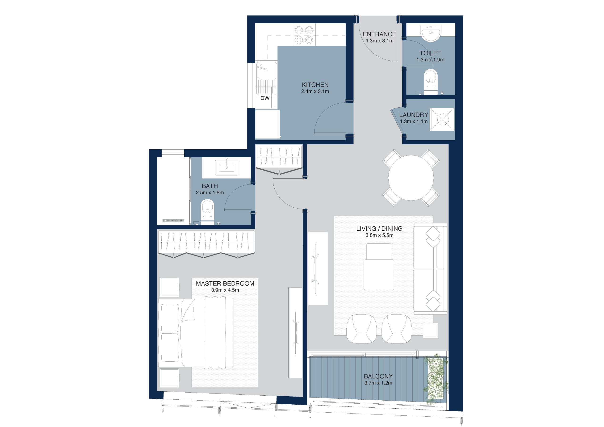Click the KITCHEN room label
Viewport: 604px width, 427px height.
pos(315,85)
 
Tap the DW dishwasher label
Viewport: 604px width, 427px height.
pos(265,98)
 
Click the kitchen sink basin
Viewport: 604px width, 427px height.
pos(266,70)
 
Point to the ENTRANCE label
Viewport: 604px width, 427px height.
pos(379,34)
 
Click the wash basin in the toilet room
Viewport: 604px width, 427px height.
pos(431,33)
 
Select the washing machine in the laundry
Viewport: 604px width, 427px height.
pos(442,119)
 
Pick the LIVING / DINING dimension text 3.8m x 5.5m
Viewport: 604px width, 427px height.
pos(379,235)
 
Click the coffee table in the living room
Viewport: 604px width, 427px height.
pos(379,267)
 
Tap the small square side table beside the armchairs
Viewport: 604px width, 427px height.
pos(431,331)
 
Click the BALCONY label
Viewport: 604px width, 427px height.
pos(378,376)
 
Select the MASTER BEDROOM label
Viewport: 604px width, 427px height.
pos(225,284)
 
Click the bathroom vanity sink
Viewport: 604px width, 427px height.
pos(226,167)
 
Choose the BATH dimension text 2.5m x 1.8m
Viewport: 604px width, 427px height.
pos(210,193)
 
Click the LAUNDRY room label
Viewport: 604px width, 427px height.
pos(414,115)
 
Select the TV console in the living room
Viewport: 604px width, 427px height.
pos(318,268)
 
